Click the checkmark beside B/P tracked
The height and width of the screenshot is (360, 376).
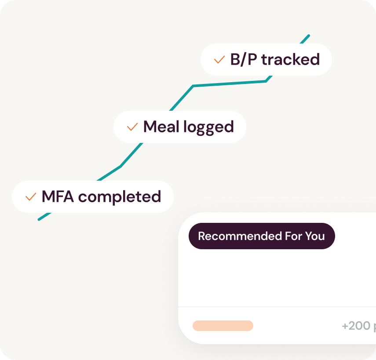point(219,60)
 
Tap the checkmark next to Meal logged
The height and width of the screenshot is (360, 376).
point(132,127)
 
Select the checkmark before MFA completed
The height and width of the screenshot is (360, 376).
point(31,197)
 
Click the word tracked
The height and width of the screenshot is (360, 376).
point(290,59)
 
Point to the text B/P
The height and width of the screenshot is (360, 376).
point(244,59)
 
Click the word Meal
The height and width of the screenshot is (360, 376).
point(161,127)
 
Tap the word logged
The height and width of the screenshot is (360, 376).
point(208,127)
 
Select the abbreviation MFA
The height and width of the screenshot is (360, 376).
point(58,196)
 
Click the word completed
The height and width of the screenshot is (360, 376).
point(120,197)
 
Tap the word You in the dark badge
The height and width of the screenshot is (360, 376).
point(315,236)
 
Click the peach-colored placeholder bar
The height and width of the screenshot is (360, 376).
point(223,326)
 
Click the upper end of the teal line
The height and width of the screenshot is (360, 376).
point(309,36)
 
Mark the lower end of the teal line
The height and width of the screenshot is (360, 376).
point(39,219)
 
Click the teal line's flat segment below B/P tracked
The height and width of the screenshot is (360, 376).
point(230,84)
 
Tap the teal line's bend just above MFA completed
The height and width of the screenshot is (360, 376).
point(120,166)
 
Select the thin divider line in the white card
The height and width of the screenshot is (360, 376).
point(277,307)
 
